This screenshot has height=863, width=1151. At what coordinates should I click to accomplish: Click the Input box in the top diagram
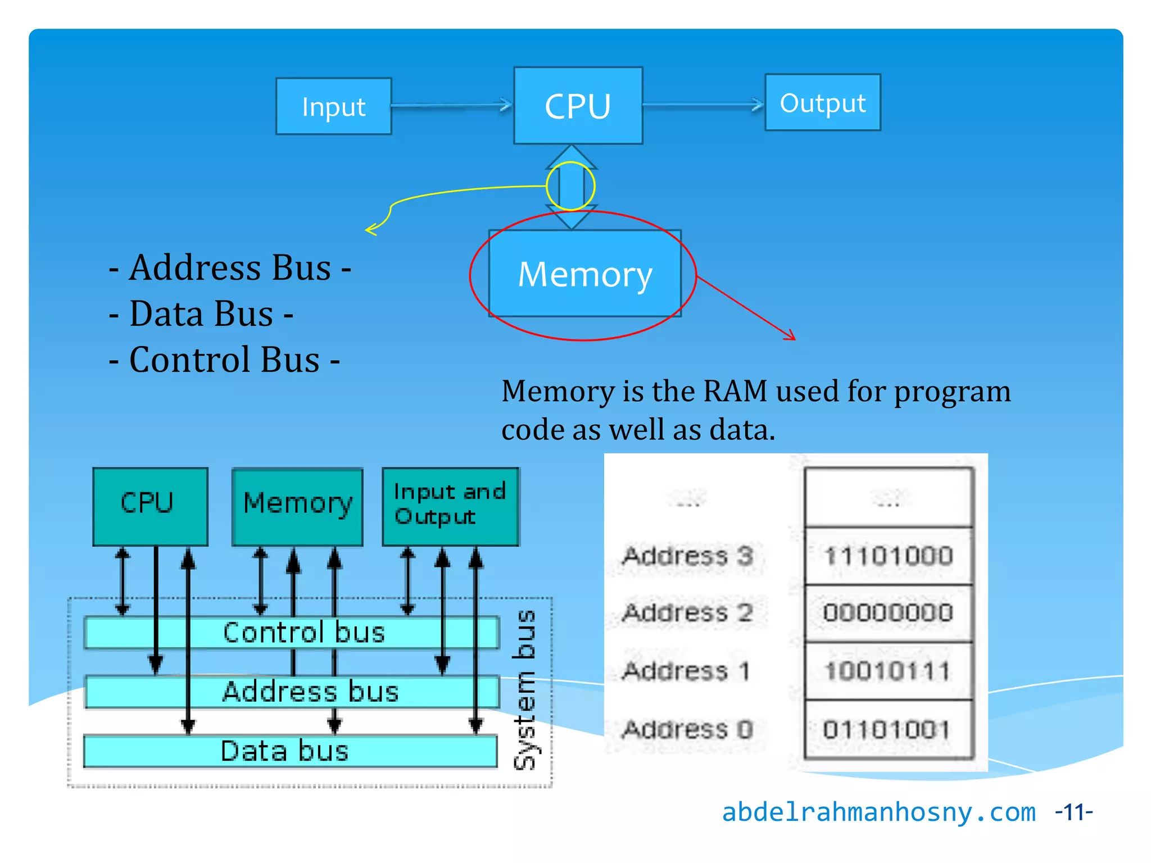pos(333,106)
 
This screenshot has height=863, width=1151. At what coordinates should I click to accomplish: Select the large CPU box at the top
pos(578,106)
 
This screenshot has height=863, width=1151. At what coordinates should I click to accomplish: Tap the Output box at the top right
pos(822,103)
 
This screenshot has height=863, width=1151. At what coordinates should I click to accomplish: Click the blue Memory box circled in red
pos(584,274)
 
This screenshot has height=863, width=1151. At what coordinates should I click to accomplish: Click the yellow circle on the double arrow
pos(570,186)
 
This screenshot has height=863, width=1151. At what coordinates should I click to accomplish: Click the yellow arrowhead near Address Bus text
pos(370,229)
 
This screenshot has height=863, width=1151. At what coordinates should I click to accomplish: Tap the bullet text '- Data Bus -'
pos(201,314)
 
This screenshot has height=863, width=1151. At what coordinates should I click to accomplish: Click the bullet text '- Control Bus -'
pos(224,360)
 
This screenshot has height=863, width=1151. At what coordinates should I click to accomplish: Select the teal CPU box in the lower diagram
pos(150,506)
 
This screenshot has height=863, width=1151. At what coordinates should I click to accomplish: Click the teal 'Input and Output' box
pos(450,506)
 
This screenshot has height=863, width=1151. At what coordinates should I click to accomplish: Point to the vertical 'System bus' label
pos(525,689)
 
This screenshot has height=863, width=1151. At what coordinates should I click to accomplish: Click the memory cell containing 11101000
pos(888,556)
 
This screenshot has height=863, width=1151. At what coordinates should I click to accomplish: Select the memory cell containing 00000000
pos(888,612)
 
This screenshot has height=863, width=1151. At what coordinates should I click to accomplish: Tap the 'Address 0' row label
pos(687,729)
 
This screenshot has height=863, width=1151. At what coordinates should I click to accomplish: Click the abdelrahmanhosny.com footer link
pos(878,812)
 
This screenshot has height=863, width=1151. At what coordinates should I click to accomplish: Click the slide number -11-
pos(1073,812)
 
